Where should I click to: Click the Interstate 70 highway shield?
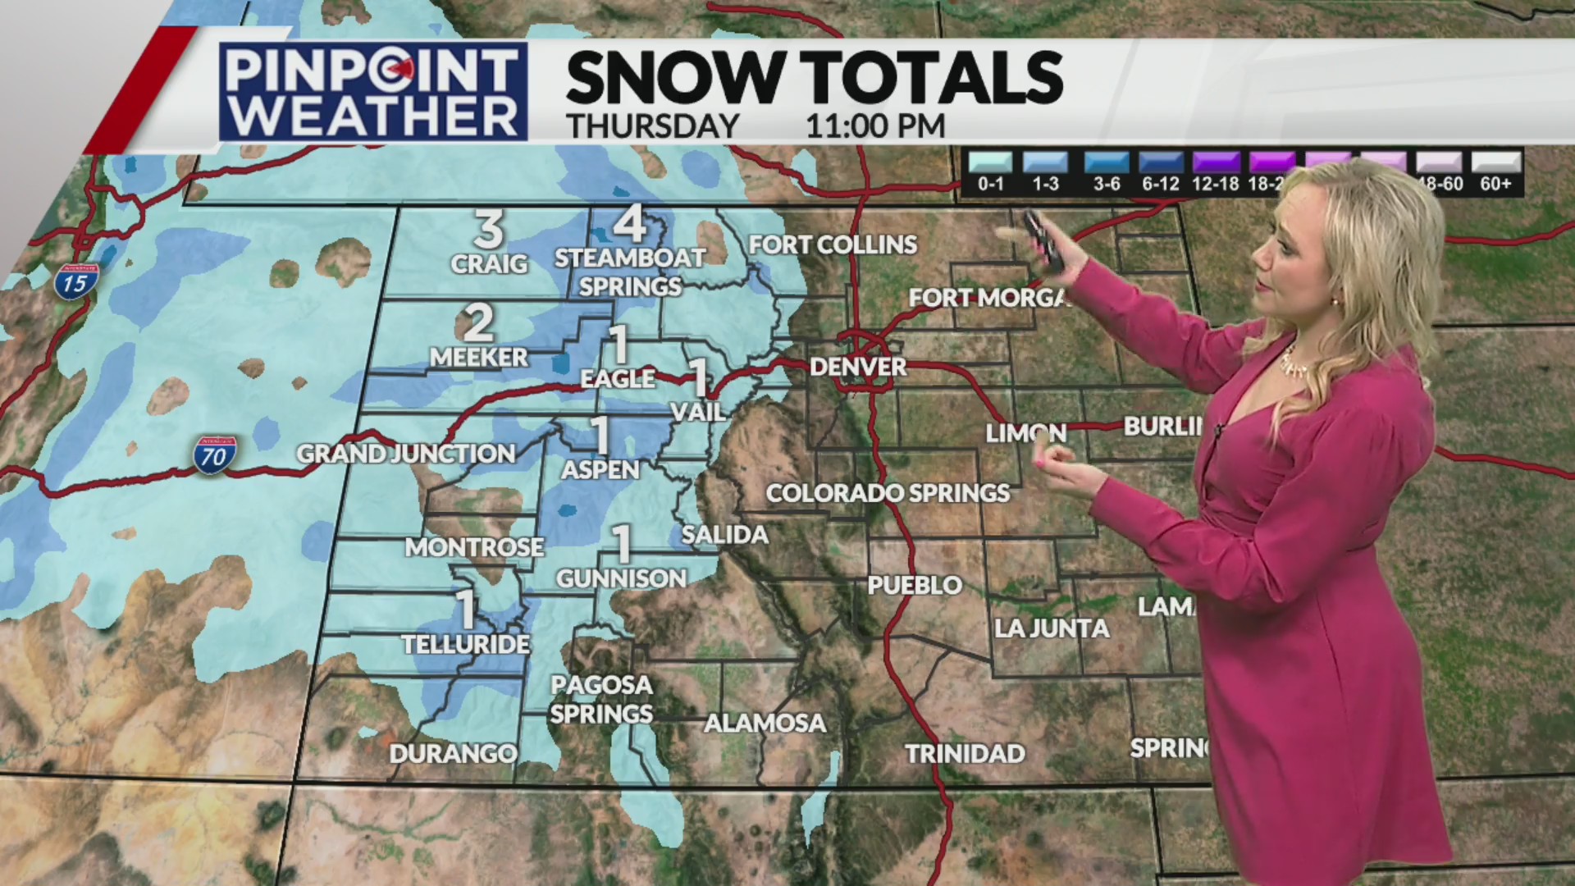point(215,454)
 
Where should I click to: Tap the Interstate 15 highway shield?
point(76,281)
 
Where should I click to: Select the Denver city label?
point(858,367)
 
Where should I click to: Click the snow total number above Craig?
point(489,231)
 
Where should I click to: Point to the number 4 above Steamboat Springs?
point(629,223)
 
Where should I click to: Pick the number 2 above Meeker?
point(479,323)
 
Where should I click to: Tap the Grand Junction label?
point(406,454)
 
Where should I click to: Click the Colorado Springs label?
point(888,493)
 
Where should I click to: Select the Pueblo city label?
point(915,585)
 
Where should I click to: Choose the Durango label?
point(453,753)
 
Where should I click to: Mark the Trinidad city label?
point(965,753)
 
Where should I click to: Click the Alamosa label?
point(765,723)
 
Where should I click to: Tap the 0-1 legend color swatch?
point(990,162)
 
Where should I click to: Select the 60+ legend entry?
point(1495,172)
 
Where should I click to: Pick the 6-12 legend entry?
point(1160,172)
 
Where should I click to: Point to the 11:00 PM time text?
point(875,126)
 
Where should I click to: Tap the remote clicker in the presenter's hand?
point(1043,240)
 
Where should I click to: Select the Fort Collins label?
point(833,244)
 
